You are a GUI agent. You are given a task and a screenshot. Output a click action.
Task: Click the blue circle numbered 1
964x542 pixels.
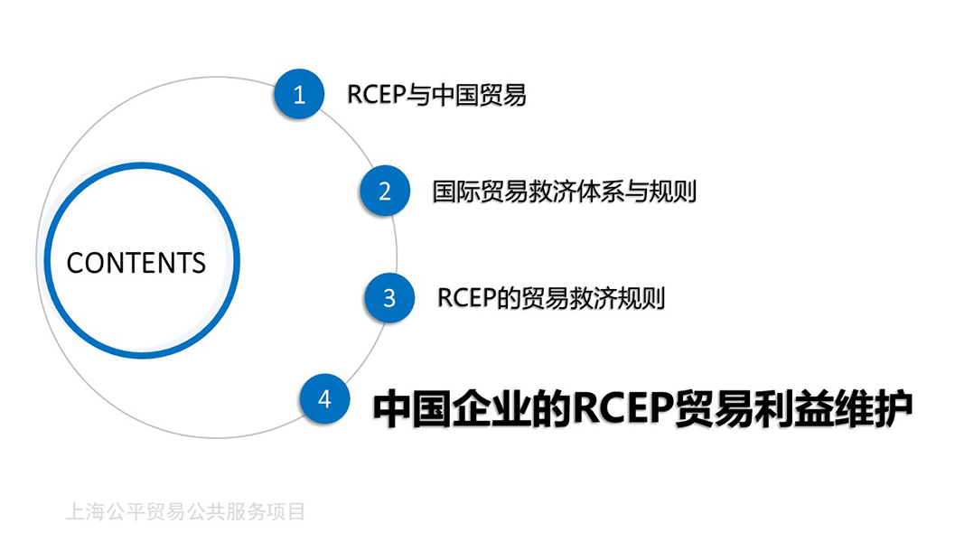click(299, 94)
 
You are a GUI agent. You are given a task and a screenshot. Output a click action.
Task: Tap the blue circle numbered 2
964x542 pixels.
click(385, 191)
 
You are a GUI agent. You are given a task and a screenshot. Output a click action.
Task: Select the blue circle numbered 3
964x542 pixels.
click(389, 298)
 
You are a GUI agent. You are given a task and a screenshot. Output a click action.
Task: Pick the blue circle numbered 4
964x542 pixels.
click(324, 398)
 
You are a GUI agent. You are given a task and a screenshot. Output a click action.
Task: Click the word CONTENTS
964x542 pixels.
click(136, 263)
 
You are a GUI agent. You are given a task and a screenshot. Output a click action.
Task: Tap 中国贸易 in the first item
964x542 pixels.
click(479, 95)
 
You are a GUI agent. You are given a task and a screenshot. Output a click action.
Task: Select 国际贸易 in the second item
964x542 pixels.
click(480, 192)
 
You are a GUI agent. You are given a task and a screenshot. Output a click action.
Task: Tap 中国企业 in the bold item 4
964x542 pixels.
click(452, 408)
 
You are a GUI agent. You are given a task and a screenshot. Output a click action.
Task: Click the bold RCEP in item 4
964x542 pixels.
click(622, 408)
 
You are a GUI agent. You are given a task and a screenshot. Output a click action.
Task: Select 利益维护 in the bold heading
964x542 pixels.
click(834, 408)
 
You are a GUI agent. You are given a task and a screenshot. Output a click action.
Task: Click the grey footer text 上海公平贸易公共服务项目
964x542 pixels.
click(185, 511)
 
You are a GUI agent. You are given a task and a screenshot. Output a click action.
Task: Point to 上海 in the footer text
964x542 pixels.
click(85, 511)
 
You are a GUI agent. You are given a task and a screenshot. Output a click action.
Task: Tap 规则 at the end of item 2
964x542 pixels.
click(672, 192)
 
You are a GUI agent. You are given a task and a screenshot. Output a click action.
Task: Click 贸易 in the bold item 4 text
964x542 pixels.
click(713, 408)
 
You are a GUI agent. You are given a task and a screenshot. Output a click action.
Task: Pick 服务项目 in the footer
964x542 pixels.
click(266, 511)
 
